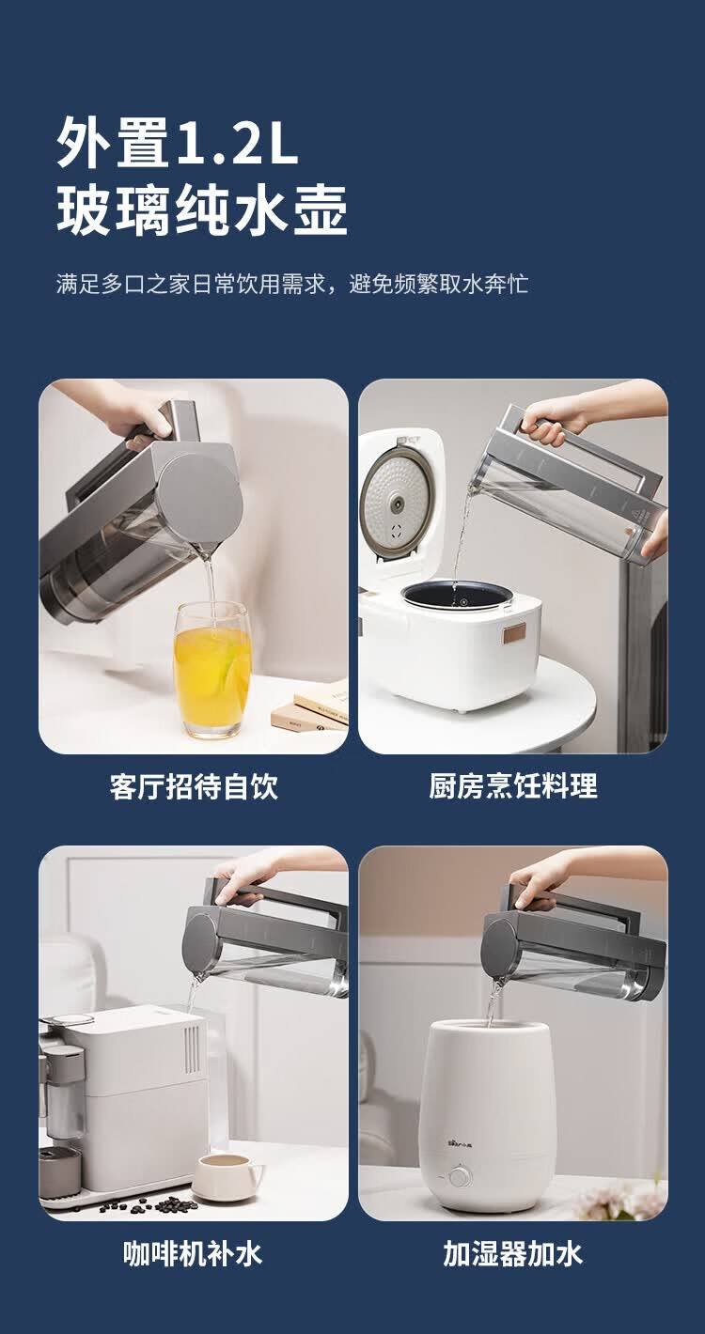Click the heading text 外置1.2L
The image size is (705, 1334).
tap(178, 142)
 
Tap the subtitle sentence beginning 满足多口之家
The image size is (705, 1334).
tap(292, 284)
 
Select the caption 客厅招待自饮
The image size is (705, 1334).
tap(194, 786)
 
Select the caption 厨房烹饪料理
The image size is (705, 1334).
tap(512, 786)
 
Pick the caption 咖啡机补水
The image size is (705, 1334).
tap(193, 1253)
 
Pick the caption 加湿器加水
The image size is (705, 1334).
tap(512, 1253)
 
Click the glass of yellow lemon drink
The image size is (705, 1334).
tap(211, 670)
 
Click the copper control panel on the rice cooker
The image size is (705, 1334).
tap(515, 635)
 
